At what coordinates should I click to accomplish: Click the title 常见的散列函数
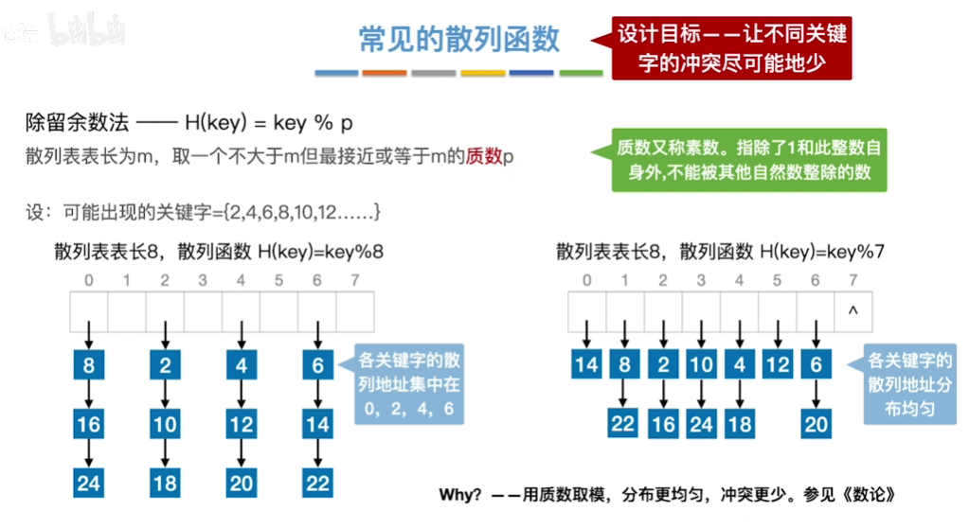coord(459,39)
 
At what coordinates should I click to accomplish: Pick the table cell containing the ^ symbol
coord(853,310)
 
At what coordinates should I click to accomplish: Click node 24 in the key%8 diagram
coord(89,483)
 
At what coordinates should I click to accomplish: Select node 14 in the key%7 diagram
coord(587,364)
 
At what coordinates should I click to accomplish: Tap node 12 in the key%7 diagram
coord(777,364)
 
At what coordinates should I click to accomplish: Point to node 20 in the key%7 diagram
coord(816,424)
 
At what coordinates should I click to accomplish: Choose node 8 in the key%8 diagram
coord(89,364)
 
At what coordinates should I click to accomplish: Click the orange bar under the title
coord(385,73)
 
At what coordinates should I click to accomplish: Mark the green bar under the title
coord(581,73)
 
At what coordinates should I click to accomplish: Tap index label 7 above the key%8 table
coord(355,280)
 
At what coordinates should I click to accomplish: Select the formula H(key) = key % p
coord(268,123)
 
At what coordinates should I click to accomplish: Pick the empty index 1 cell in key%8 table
coord(127,310)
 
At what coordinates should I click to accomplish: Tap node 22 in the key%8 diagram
coord(317,483)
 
